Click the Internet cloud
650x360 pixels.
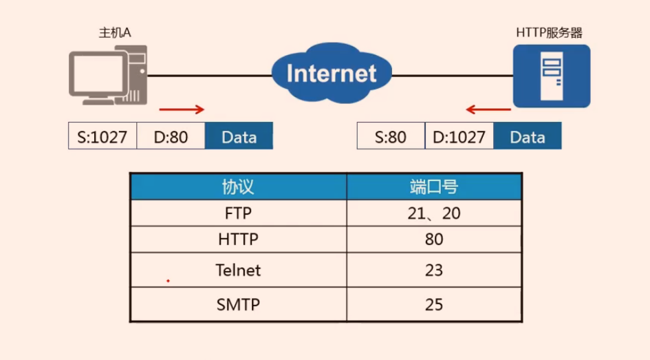pyautogui.click(x=332, y=73)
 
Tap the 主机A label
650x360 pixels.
pyautogui.click(x=115, y=32)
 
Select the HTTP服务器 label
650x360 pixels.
pyautogui.click(x=550, y=32)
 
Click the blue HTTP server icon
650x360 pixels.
pyautogui.click(x=552, y=76)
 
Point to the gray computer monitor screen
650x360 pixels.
pyautogui.click(x=98, y=74)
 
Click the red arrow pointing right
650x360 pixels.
pyautogui.click(x=182, y=109)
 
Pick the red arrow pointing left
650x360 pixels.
pyautogui.click(x=488, y=109)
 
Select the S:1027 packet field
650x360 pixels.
pyautogui.click(x=102, y=136)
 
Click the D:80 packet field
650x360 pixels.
pyautogui.click(x=171, y=136)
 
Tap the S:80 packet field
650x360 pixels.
pyautogui.click(x=391, y=136)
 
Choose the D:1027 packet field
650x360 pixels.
pyautogui.click(x=459, y=136)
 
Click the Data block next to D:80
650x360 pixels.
pyautogui.click(x=239, y=136)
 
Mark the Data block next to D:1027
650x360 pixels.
pyautogui.click(x=528, y=136)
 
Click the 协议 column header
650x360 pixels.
pyautogui.click(x=239, y=187)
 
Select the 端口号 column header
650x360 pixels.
pyautogui.click(x=434, y=187)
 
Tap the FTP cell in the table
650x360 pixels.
pyautogui.click(x=239, y=213)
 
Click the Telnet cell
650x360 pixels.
pyautogui.click(x=239, y=270)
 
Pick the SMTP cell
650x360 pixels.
pyautogui.click(x=239, y=304)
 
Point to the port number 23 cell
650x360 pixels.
pyautogui.click(x=434, y=270)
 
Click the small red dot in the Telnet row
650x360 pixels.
pyautogui.click(x=168, y=281)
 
